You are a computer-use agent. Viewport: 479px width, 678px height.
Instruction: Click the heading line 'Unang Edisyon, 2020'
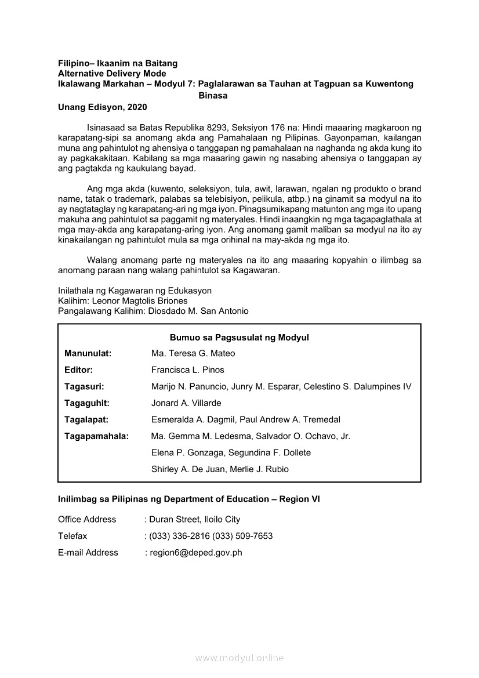[x=103, y=107]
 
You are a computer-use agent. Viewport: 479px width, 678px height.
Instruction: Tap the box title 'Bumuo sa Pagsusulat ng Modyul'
[x=239, y=338]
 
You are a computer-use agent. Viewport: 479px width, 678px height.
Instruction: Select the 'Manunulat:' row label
[x=88, y=353]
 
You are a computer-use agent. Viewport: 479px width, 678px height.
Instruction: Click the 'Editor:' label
[x=79, y=370]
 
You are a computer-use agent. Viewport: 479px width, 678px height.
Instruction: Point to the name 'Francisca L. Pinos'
[x=188, y=370]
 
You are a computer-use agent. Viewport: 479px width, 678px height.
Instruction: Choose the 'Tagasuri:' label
[x=85, y=386]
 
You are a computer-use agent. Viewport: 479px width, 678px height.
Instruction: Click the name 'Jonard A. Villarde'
[x=186, y=403]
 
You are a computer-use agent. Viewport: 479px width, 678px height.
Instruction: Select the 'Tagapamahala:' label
[x=97, y=436]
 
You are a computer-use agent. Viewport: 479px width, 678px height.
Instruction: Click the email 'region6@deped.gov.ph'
[x=196, y=553]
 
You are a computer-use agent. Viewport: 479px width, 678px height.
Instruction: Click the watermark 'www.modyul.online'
[x=239, y=658]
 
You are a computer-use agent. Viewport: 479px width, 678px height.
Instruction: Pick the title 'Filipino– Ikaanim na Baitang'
[x=118, y=63]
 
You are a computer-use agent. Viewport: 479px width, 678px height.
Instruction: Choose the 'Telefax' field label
[x=72, y=536]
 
